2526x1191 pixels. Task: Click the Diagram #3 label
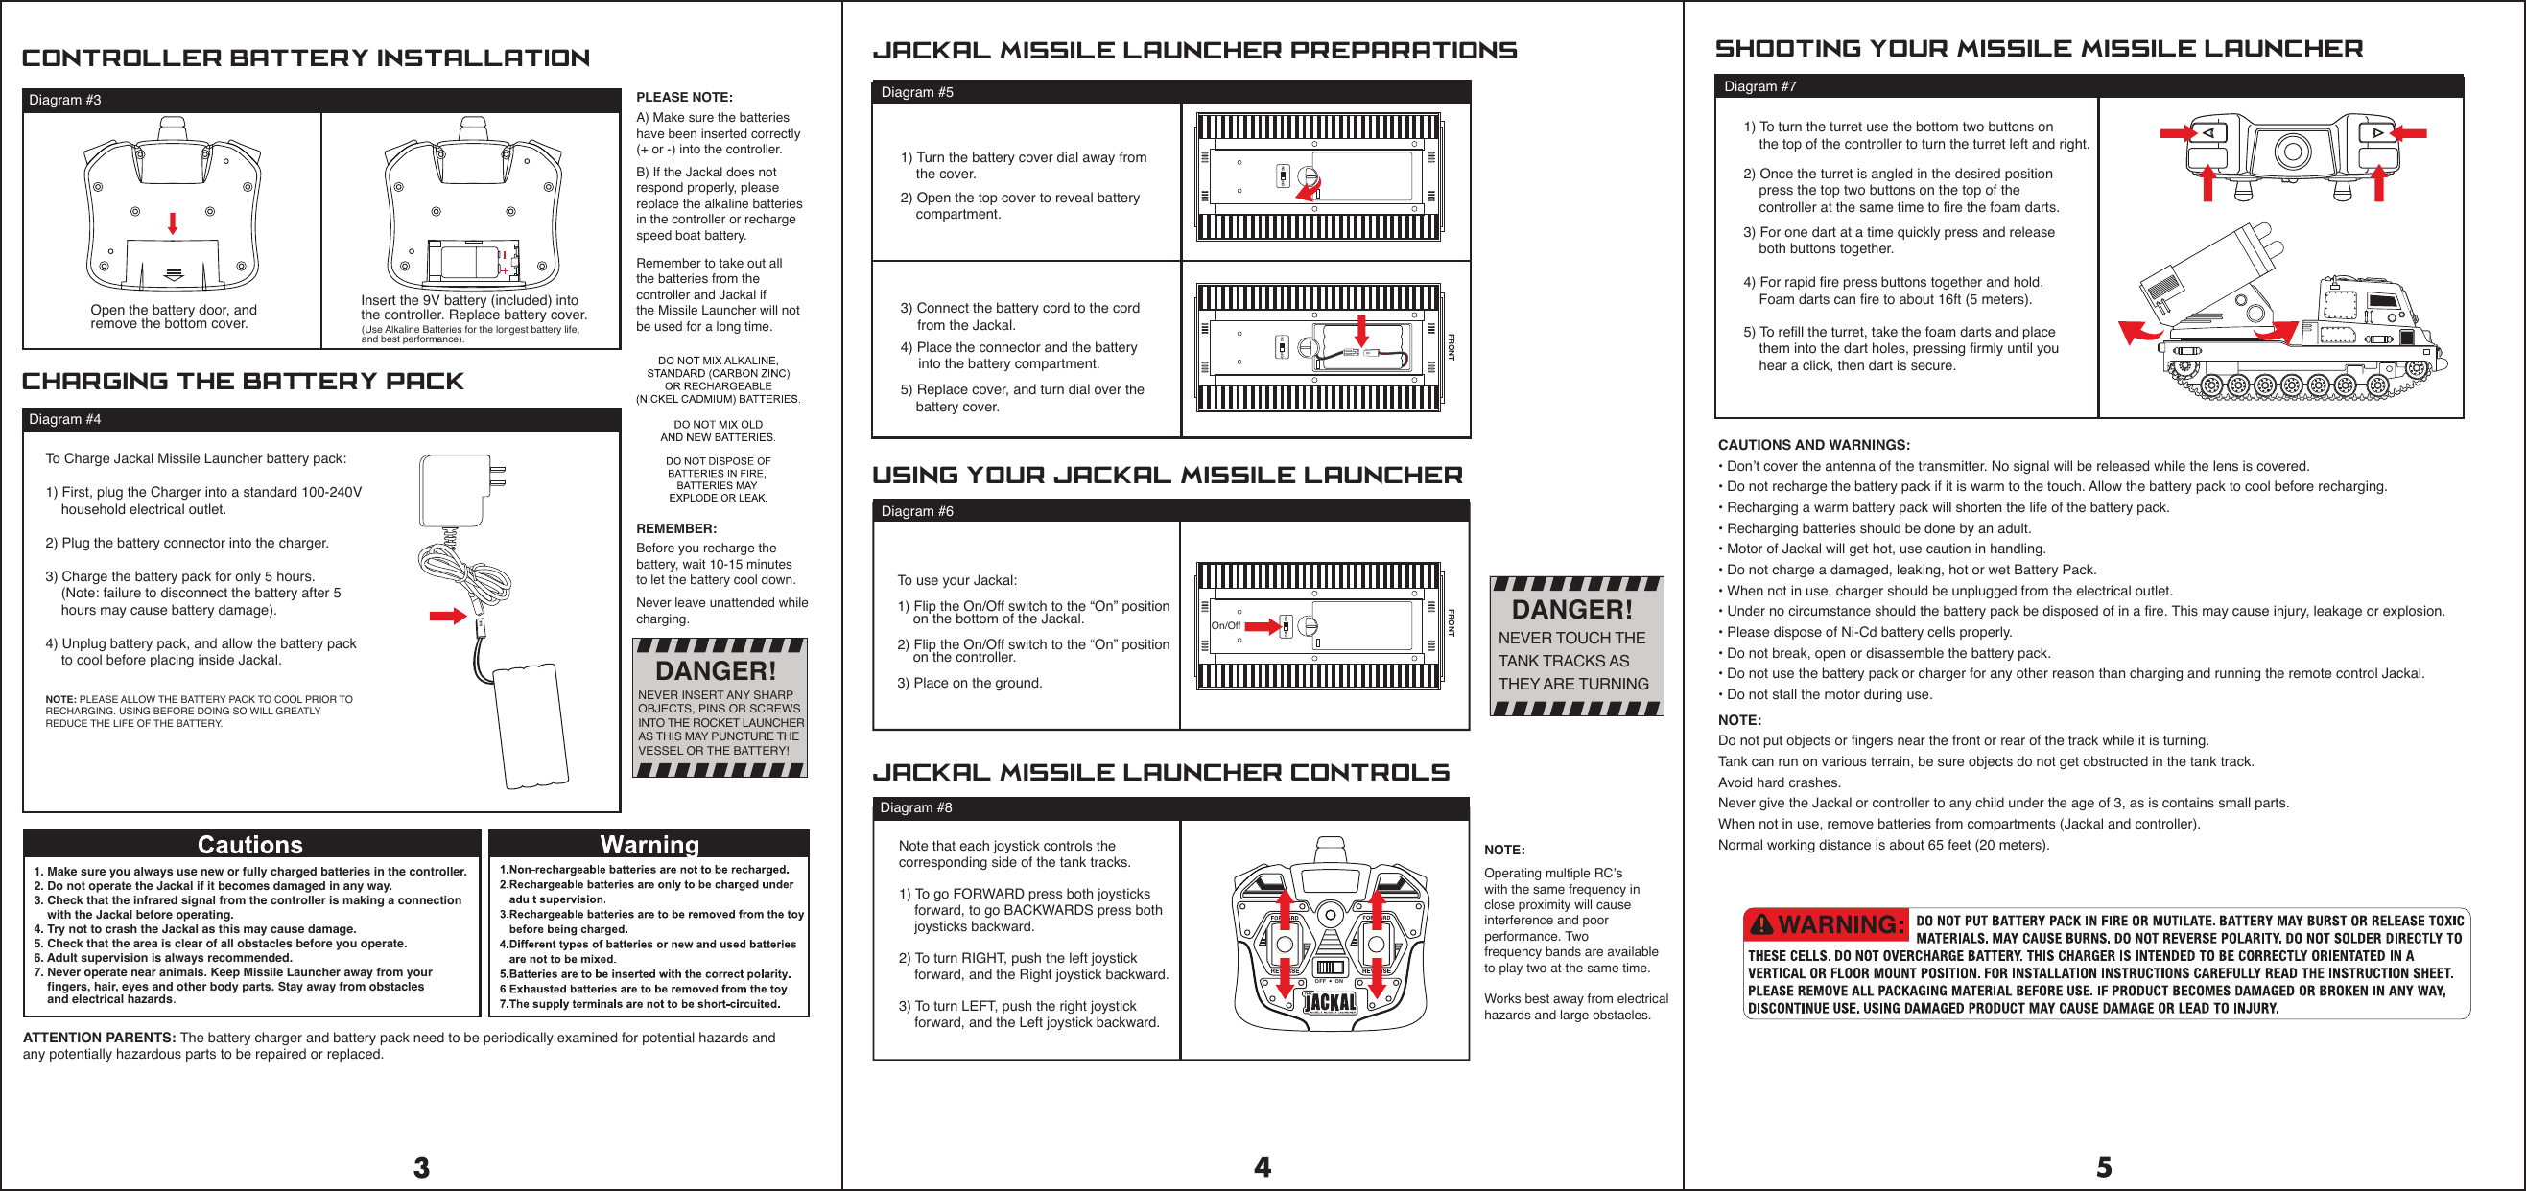pos(64,100)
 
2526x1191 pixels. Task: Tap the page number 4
pos(1262,1166)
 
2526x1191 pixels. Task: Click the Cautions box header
pos(250,844)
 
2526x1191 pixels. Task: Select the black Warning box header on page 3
pos(649,844)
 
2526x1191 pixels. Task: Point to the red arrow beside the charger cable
pos(447,616)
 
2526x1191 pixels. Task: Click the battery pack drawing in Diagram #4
pos(530,725)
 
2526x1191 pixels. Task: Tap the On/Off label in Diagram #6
pos(1226,625)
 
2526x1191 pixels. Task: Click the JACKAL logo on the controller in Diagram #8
pos(1330,1002)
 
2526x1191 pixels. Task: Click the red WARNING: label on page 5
pos(1827,924)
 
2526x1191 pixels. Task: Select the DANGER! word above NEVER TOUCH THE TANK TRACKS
pos(1571,610)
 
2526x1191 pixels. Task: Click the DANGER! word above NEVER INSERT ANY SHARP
pos(715,671)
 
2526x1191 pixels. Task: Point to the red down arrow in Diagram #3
pos(173,222)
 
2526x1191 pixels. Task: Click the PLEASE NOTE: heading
pos(683,97)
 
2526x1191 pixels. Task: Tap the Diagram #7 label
pos(1760,86)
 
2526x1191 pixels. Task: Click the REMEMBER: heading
pos(675,528)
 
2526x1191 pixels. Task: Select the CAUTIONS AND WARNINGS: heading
pos(1813,445)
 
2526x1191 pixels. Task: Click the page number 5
pos(2104,1166)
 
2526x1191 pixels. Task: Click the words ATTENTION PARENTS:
pos(99,1038)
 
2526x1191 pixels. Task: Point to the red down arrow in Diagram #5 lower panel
pos(1361,330)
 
